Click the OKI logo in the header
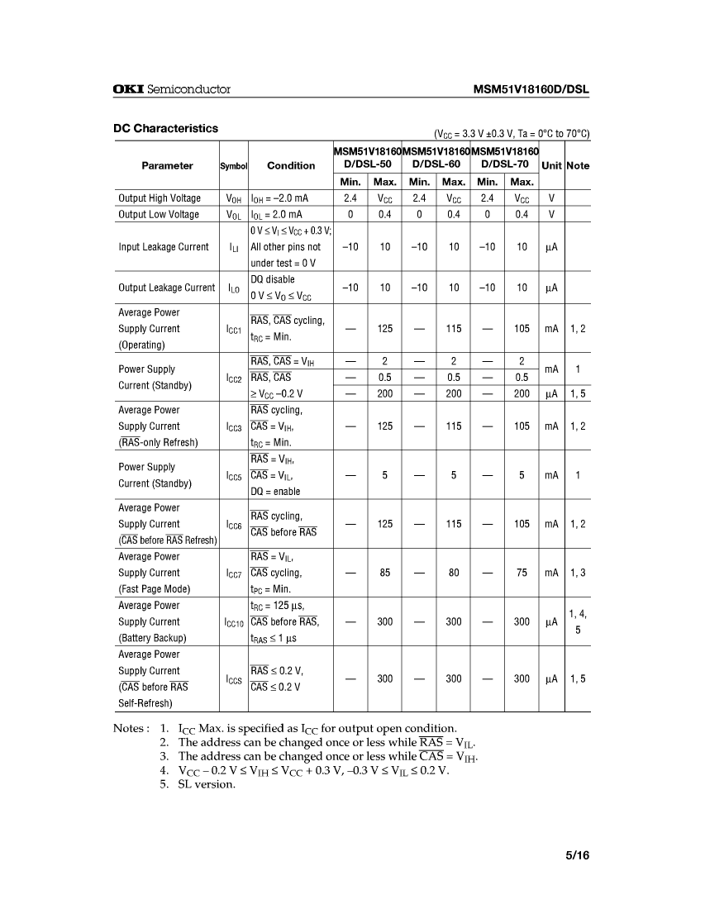(x=127, y=89)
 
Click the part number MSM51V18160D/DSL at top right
(x=531, y=89)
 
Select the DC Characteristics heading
(x=165, y=129)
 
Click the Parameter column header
(x=167, y=165)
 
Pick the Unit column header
(x=551, y=165)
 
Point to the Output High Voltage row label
(x=160, y=198)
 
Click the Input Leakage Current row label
(x=164, y=247)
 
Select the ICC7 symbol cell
(x=234, y=573)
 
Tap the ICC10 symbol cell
(x=234, y=621)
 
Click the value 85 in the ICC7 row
(x=385, y=573)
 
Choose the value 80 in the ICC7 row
(x=454, y=573)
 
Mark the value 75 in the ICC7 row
(x=522, y=573)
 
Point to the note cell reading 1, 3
(x=578, y=573)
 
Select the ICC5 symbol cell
(x=234, y=475)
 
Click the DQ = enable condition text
(x=276, y=492)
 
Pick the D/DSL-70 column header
(x=504, y=165)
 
